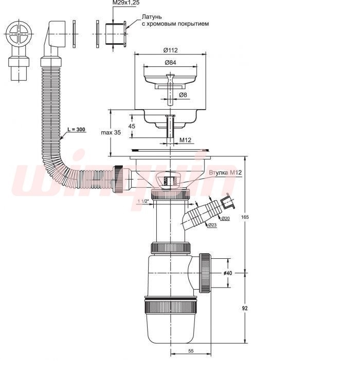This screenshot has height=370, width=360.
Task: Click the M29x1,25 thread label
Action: [126, 3]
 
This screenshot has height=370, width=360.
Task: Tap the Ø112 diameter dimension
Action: [170, 50]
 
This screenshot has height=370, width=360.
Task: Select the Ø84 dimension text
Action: [170, 63]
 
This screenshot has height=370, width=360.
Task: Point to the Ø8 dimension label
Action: [183, 95]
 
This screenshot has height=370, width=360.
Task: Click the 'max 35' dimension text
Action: [111, 132]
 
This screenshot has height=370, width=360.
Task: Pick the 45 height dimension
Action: [132, 126]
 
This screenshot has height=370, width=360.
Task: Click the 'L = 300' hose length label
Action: [76, 129]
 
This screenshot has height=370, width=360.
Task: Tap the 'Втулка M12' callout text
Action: [225, 172]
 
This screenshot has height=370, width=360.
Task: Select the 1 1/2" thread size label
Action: [143, 201]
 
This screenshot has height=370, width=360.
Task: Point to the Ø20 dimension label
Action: [225, 219]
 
